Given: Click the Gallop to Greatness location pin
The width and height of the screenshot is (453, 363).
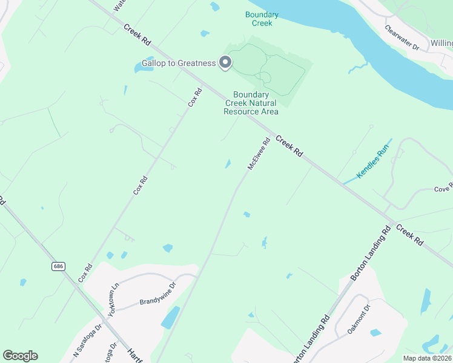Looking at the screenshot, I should [x=225, y=62].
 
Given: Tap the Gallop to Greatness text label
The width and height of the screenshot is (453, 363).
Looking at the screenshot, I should [x=179, y=64].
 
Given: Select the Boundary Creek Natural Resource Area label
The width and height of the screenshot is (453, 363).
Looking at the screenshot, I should [x=251, y=103].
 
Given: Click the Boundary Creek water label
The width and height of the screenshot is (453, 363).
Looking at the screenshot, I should [x=262, y=19].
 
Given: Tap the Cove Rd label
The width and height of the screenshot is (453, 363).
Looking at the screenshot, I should [x=443, y=188].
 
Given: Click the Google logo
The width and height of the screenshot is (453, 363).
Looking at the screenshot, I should [x=20, y=356].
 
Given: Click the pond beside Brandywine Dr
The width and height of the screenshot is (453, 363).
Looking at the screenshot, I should [x=170, y=317].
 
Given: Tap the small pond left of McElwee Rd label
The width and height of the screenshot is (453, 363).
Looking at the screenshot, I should [x=228, y=163].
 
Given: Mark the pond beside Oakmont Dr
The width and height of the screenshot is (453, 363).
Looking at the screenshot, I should [x=375, y=332].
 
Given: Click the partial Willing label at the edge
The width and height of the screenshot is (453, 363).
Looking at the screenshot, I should [x=441, y=44].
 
